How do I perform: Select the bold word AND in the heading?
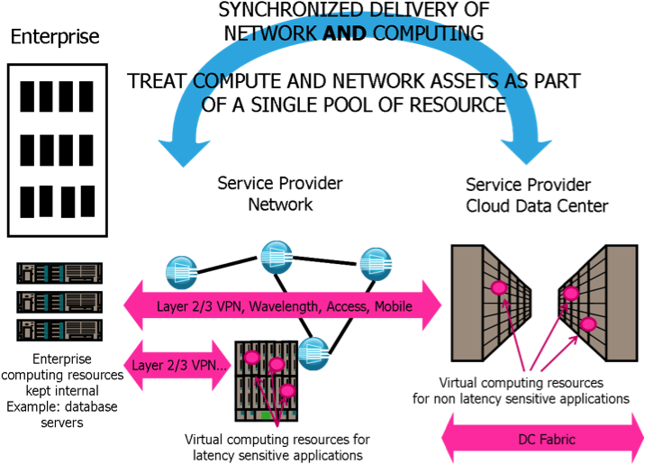point(345,34)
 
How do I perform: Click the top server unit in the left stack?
point(59,271)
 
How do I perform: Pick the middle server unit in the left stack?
point(59,300)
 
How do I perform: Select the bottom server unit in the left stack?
point(59,328)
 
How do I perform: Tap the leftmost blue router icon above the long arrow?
point(181,272)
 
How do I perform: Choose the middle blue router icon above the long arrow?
point(276,257)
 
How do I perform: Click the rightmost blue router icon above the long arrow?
point(376,263)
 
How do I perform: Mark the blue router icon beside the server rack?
point(313,352)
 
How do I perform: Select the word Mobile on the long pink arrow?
point(393,306)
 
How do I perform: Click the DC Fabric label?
point(546,440)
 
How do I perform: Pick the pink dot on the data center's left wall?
point(498,287)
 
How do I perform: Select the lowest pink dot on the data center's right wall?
point(588,323)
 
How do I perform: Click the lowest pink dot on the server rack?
point(286,390)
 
